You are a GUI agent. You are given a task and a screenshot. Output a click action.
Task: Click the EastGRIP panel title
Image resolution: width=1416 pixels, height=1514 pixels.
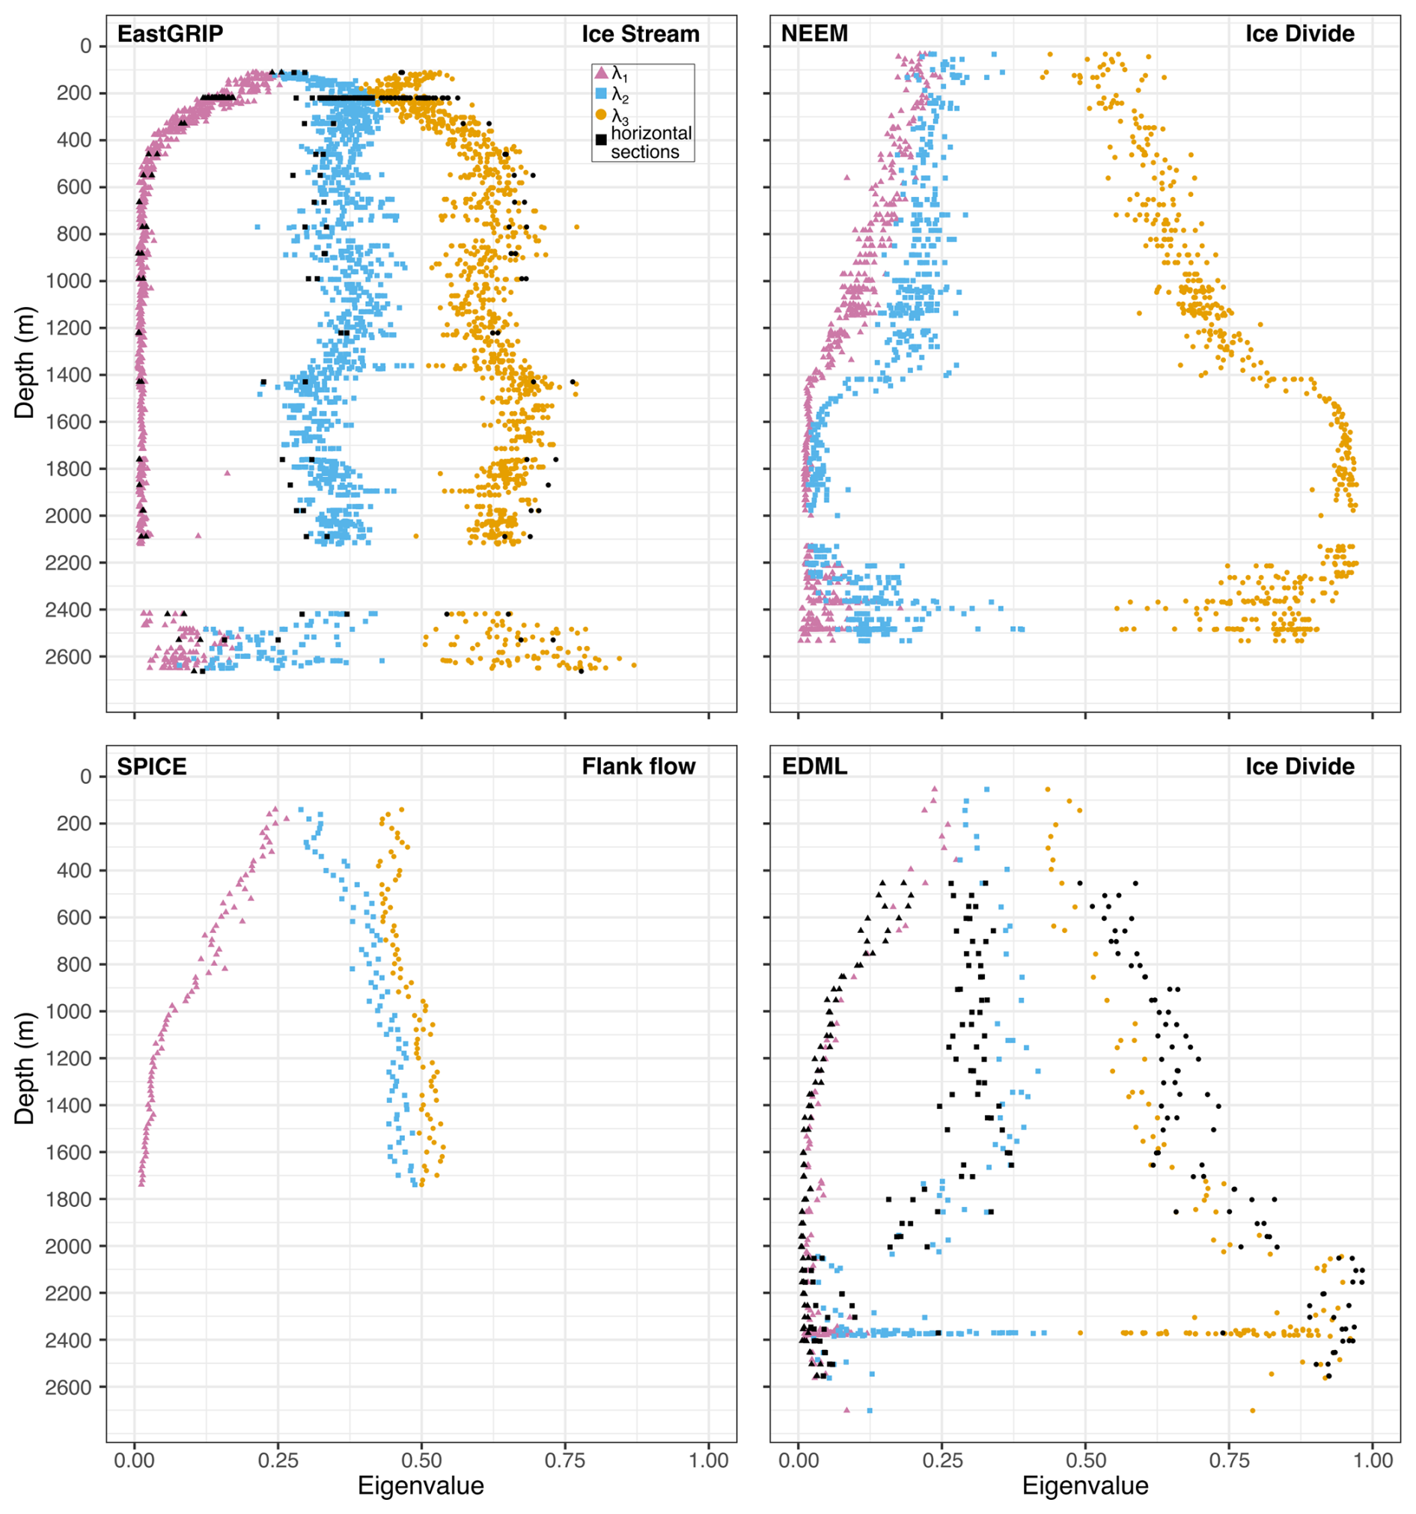(170, 34)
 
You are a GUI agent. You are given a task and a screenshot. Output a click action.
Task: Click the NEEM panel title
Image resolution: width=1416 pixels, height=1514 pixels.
(814, 34)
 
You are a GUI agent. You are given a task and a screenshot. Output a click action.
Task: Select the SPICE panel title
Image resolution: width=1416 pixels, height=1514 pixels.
(151, 766)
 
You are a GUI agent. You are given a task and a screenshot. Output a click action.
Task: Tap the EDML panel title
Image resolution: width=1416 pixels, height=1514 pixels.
(814, 766)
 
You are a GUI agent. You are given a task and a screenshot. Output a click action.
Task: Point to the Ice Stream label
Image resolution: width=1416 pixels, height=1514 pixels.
(640, 34)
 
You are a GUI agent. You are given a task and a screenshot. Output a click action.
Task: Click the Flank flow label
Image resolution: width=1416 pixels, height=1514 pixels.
(638, 766)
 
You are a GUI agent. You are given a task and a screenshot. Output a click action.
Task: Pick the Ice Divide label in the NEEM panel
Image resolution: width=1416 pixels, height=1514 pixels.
(1299, 34)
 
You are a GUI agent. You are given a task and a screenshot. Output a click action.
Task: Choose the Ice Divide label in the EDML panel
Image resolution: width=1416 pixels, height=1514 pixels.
(1299, 766)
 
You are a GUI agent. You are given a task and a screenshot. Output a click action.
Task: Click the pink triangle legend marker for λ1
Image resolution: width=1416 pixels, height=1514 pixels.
(601, 73)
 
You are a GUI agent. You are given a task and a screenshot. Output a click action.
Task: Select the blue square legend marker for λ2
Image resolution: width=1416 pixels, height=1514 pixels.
(601, 94)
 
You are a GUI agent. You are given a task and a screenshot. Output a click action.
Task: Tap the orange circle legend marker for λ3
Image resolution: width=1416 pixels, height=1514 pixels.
(601, 115)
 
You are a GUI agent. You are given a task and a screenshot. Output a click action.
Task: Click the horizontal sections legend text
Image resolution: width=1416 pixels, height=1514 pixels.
(651, 142)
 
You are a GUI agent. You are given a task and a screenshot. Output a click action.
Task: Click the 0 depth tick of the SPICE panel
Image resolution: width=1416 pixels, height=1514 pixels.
(86, 776)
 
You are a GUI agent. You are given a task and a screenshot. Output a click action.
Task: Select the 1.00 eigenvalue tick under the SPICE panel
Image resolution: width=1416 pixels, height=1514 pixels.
(708, 1461)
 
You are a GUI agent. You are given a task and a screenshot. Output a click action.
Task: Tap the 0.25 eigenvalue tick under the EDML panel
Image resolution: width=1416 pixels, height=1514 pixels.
(942, 1461)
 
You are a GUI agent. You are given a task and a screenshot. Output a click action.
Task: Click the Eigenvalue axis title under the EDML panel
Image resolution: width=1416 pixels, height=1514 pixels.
(1085, 1486)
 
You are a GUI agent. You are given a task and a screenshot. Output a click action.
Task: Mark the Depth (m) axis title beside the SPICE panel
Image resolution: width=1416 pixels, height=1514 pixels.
(25, 1068)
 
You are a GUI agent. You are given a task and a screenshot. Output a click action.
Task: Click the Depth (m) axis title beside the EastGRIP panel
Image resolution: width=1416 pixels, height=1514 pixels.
(25, 362)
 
